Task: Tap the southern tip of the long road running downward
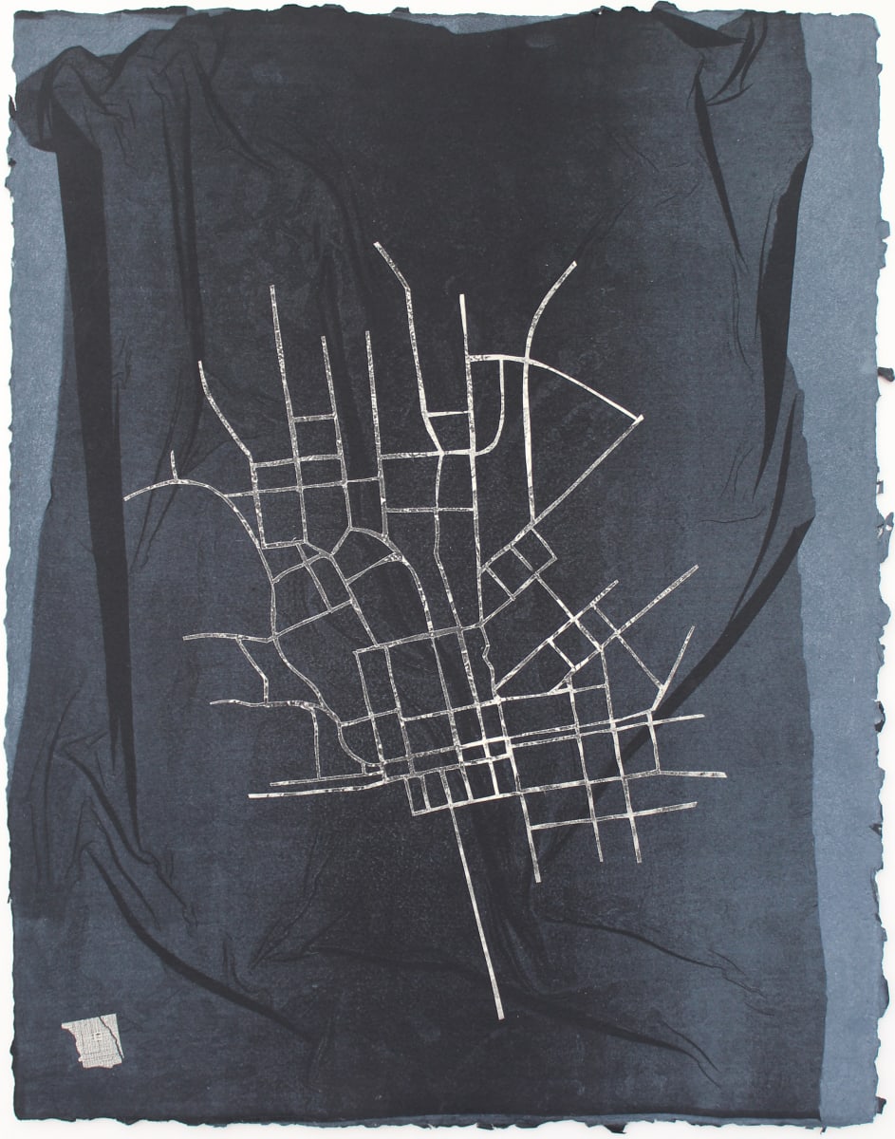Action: (x=500, y=1017)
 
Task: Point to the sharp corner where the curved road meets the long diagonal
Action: (x=640, y=418)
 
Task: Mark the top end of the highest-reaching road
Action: (x=377, y=245)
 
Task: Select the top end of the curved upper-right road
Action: (x=573, y=264)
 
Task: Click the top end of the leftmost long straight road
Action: (x=272, y=288)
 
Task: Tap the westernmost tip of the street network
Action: (x=126, y=497)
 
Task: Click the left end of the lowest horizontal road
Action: (x=252, y=794)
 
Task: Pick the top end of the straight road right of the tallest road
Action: (x=462, y=296)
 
